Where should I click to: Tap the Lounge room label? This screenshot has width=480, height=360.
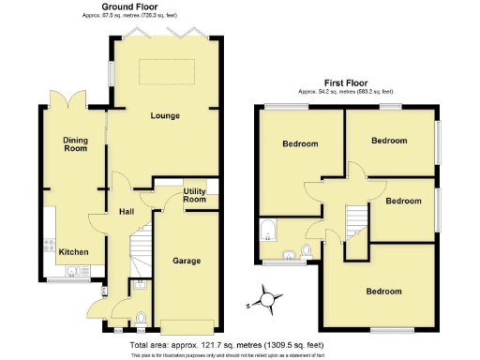coord(166,116)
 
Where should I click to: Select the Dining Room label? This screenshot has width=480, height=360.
coord(75,144)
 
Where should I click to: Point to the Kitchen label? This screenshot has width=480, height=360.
coord(74,252)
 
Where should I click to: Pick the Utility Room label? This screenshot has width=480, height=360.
coord(194,195)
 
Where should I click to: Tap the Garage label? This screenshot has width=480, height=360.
coord(186,260)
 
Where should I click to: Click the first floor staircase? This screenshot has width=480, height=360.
coord(354,222)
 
